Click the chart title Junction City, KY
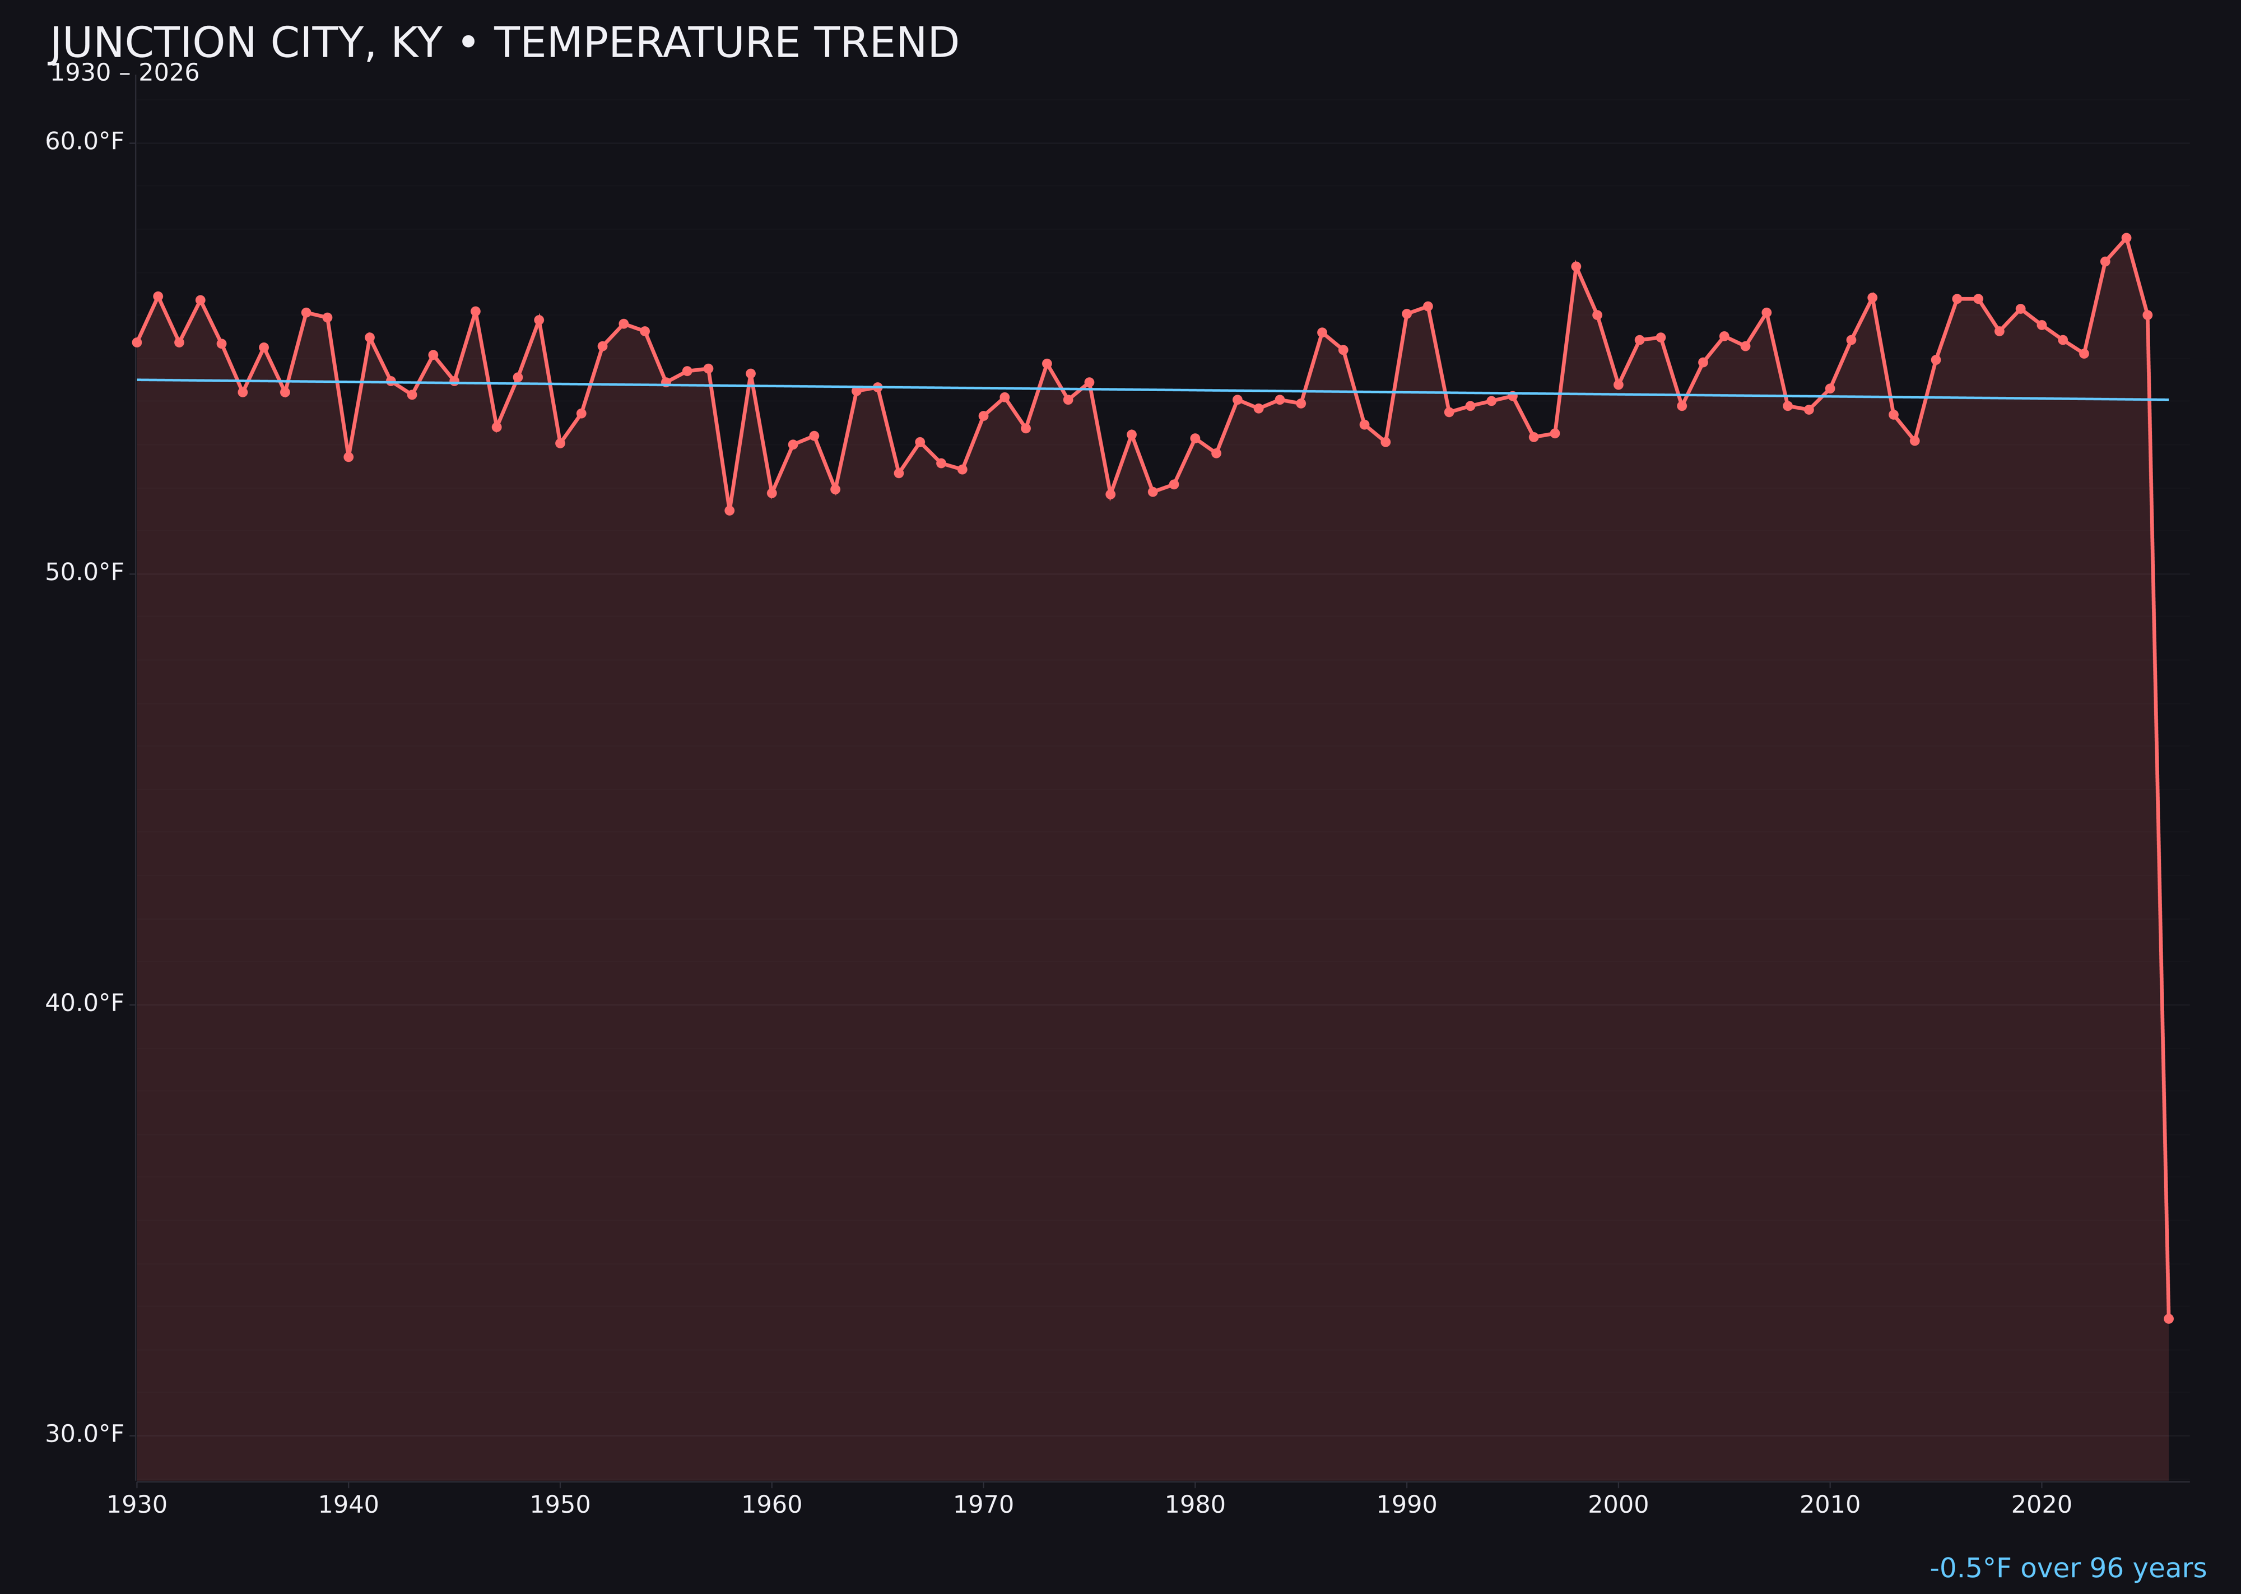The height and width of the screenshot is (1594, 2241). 503,43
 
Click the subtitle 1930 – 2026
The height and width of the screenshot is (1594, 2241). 124,73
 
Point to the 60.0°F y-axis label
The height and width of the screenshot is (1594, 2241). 85,142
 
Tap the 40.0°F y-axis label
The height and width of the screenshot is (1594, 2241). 85,1003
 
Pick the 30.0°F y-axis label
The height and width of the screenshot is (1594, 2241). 85,1434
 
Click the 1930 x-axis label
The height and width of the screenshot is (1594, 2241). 137,1505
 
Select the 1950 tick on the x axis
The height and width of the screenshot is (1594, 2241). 560,1505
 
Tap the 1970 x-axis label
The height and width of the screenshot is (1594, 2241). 983,1505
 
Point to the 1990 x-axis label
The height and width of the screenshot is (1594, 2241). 1406,1505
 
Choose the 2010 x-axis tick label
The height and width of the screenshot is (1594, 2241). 1830,1505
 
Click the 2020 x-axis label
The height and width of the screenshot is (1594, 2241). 2041,1505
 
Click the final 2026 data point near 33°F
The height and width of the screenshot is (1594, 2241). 2168,1318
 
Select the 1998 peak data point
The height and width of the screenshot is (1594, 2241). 1576,266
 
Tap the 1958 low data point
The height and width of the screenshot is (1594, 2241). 729,511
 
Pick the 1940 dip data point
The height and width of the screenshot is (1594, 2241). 348,456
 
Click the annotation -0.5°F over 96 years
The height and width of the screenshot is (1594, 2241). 2067,1568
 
